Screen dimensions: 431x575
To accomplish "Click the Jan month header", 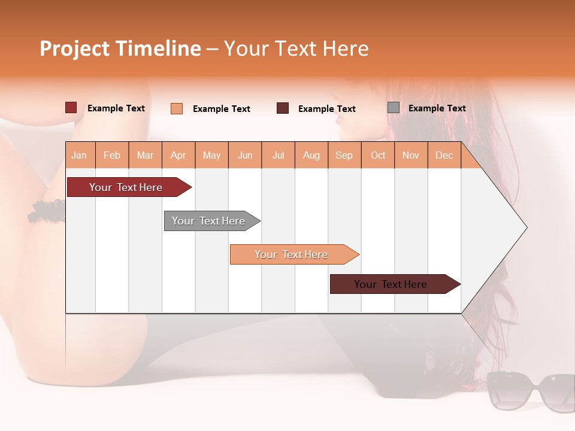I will [80, 155].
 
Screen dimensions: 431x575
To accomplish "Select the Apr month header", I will [178, 155].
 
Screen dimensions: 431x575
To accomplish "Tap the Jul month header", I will [279, 155].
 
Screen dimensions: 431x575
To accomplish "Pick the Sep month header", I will [344, 155].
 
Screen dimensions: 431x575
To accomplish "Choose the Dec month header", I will [444, 155].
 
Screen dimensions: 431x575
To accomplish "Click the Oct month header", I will [378, 155].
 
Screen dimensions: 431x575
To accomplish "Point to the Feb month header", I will [112, 155].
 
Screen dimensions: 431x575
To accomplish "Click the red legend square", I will [71, 108].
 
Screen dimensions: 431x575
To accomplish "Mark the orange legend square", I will [177, 108].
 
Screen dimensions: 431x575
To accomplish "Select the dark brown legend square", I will [283, 108].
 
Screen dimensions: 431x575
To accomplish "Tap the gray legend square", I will [394, 108].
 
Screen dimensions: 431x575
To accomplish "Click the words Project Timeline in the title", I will [120, 48].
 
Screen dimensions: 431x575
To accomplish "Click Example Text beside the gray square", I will [437, 108].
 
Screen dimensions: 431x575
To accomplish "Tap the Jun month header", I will [245, 155].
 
